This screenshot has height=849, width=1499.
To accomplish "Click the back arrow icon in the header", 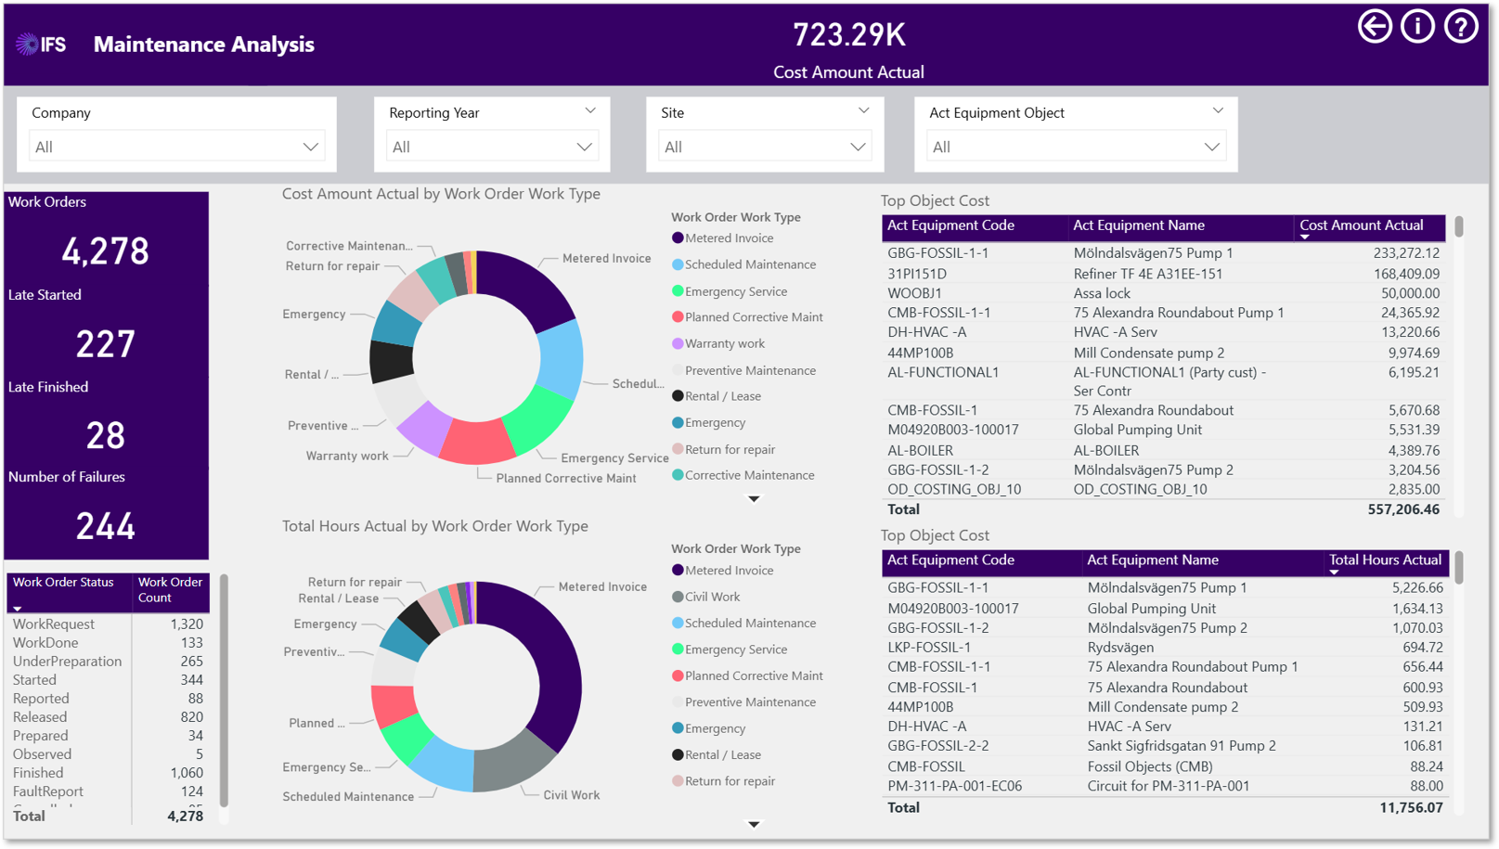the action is pyautogui.click(x=1375, y=28).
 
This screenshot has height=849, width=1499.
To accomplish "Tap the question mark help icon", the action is pyautogui.click(x=1461, y=28).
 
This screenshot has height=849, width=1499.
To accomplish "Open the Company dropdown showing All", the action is pyautogui.click(x=176, y=147).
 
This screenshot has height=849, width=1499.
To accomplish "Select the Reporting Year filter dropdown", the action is pyautogui.click(x=492, y=147).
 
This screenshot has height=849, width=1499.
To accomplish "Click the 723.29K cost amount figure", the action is pyautogui.click(x=848, y=34).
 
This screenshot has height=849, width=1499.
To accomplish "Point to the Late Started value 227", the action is pyautogui.click(x=106, y=344).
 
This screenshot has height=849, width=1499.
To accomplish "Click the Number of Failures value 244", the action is pyautogui.click(x=106, y=526).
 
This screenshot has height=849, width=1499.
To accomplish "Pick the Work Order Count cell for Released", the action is pyautogui.click(x=191, y=717).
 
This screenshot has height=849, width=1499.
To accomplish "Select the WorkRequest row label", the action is pyautogui.click(x=54, y=624).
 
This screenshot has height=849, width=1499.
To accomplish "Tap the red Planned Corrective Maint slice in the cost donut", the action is pyautogui.click(x=476, y=441).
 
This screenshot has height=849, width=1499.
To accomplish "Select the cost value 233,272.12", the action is pyautogui.click(x=1406, y=253).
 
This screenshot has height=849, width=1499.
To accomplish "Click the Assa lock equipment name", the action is pyautogui.click(x=1102, y=293).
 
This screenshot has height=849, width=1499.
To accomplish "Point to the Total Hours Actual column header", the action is pyautogui.click(x=1385, y=560).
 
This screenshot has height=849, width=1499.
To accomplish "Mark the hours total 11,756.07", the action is pyautogui.click(x=1411, y=807).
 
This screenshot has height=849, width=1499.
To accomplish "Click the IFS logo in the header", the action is pyautogui.click(x=41, y=45).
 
